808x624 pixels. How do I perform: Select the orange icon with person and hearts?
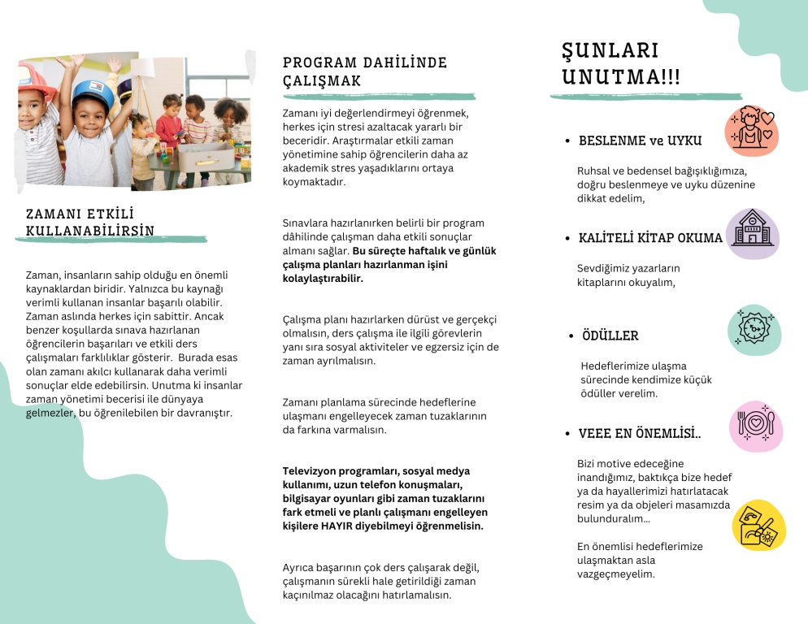point(752,130)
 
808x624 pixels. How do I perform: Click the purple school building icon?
point(753,232)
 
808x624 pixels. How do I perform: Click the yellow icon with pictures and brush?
point(758,525)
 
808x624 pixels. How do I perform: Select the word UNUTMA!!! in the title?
point(621,77)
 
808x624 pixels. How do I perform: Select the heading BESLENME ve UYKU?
point(639,141)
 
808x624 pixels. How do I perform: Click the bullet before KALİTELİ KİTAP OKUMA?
point(567,238)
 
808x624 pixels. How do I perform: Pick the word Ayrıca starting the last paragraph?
point(301,567)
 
